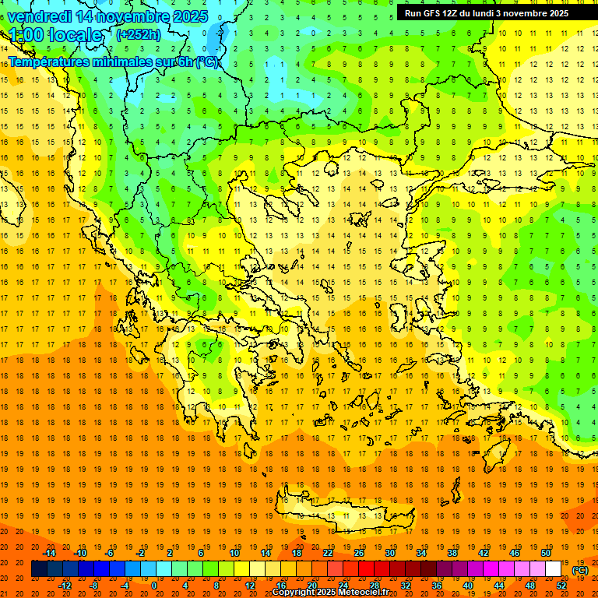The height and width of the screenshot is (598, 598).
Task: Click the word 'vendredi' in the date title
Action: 39,16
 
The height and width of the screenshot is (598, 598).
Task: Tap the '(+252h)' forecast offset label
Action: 138,34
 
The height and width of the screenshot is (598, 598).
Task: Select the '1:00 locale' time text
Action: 55,35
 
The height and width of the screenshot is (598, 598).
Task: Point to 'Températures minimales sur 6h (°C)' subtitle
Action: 114,62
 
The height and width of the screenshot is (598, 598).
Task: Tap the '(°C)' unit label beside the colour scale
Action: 580,570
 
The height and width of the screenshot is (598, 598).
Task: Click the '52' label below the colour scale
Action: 562,586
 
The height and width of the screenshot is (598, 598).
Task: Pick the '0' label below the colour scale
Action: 154,586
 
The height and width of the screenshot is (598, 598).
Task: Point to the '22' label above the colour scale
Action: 328,553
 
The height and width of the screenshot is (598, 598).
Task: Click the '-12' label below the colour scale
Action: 65,586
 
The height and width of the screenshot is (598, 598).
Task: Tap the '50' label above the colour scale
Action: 546,553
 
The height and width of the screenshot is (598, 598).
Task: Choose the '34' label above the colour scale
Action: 421,553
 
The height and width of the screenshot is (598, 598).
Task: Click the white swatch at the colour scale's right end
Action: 554,569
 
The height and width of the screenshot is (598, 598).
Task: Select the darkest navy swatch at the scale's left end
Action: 39,569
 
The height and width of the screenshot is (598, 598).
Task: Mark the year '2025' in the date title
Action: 191,16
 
